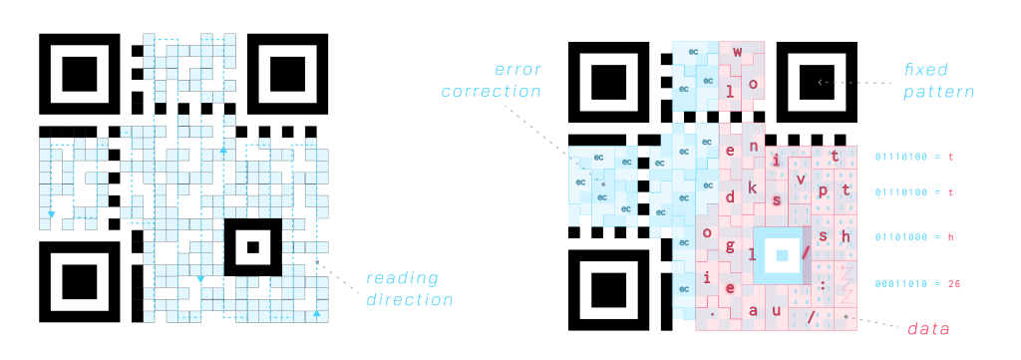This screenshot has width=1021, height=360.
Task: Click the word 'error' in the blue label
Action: [517, 70]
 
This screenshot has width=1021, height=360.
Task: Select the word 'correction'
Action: [491, 91]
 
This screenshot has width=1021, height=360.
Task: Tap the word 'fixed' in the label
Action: [925, 71]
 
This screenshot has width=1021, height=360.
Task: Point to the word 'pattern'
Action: [938, 92]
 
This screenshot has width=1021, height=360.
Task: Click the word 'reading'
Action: [402, 278]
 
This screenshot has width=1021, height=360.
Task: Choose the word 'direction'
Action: [409, 300]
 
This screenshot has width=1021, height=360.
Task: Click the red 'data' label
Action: [928, 328]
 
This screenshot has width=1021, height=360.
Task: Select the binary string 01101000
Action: [906, 237]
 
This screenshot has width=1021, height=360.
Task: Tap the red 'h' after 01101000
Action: [950, 237]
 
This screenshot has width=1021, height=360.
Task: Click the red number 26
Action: [953, 284]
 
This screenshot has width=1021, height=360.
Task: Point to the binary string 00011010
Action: [906, 284]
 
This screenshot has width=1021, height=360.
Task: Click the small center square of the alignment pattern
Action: [782, 255]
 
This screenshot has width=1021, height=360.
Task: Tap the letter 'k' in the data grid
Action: [753, 186]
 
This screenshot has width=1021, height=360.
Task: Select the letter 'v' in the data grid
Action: [800, 179]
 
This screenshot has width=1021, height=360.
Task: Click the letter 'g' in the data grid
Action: [730, 244]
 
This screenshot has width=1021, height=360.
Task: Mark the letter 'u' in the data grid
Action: [777, 310]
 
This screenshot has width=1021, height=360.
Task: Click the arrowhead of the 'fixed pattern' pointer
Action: [821, 82]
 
